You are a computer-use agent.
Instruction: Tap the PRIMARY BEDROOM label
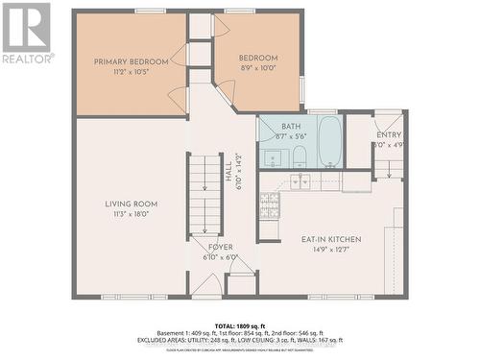click(x=131, y=61)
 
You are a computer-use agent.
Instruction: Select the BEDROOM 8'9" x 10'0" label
click(x=259, y=58)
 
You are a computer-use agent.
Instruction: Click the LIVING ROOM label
click(x=132, y=204)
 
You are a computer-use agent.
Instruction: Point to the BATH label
click(x=291, y=127)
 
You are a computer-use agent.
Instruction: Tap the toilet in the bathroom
click(x=299, y=156)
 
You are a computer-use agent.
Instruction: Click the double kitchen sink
click(x=301, y=180)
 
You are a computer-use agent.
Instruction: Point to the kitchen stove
click(x=270, y=204)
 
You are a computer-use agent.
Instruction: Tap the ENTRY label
click(x=389, y=134)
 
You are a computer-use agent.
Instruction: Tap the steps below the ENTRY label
click(x=389, y=168)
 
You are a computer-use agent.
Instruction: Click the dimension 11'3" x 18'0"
click(x=131, y=215)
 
